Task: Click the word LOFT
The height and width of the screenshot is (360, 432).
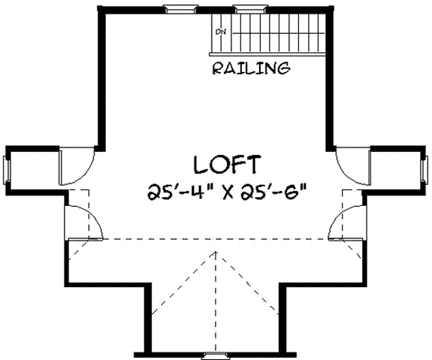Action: click(227, 164)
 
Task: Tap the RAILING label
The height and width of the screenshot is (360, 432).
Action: click(251, 69)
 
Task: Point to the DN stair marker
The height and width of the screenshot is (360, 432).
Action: click(221, 32)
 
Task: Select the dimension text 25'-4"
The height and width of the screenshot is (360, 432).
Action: click(179, 189)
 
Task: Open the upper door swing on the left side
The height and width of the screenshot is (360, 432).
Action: click(76, 159)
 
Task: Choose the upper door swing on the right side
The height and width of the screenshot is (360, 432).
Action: click(350, 159)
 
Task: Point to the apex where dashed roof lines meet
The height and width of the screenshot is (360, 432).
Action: click(216, 253)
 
